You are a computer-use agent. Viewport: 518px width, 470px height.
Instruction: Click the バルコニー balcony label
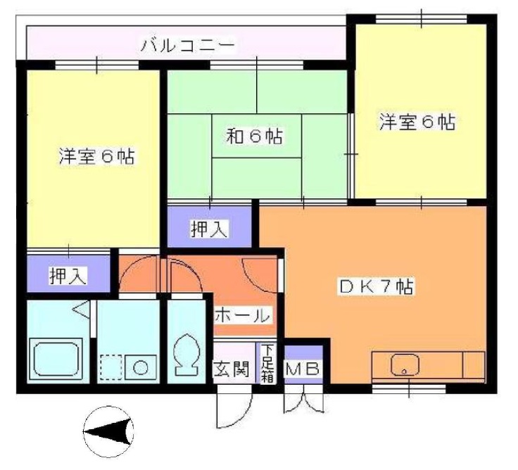point(187,46)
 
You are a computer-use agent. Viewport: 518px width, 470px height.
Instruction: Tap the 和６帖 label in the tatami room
point(254,135)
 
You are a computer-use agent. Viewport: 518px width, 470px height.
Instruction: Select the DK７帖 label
point(377,287)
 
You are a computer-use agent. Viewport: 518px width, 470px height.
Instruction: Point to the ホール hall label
point(241,315)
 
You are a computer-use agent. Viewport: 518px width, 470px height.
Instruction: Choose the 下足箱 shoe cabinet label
point(267,363)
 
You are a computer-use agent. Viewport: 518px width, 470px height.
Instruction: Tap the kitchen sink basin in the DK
point(407,364)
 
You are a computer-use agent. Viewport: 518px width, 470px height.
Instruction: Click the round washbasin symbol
point(141,367)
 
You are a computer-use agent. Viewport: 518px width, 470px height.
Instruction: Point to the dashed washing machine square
point(110,367)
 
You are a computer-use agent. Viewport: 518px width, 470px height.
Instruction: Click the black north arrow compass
point(108,430)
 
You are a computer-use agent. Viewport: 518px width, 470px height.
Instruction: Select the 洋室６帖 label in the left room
point(96,155)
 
